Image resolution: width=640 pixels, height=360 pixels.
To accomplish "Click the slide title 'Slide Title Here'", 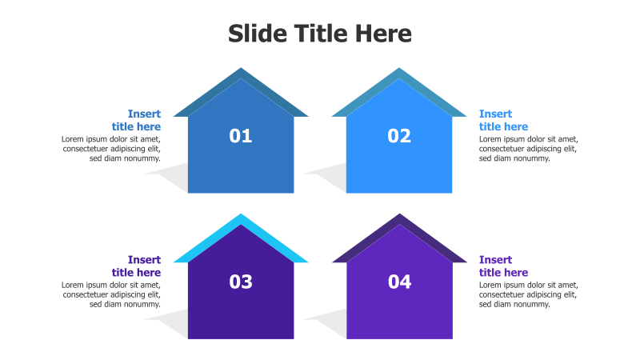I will (x=320, y=34).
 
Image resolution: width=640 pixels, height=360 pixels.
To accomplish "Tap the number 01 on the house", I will (x=241, y=136).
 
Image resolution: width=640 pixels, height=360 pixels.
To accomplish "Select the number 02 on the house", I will (x=399, y=136).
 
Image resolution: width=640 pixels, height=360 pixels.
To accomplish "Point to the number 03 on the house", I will (x=241, y=282).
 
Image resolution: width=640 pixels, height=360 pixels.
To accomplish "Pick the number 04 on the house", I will (x=399, y=282).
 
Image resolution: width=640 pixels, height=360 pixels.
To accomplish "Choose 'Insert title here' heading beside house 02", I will (x=503, y=120).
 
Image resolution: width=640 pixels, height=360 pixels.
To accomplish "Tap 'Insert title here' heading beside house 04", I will (x=503, y=266).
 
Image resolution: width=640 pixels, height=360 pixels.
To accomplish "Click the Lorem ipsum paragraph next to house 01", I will (x=111, y=149).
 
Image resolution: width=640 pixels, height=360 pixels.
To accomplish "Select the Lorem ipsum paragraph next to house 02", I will (x=528, y=149).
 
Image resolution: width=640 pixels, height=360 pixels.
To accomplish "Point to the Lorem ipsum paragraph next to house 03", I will (x=111, y=294).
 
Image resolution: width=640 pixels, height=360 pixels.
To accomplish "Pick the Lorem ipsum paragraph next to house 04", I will (x=528, y=294).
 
